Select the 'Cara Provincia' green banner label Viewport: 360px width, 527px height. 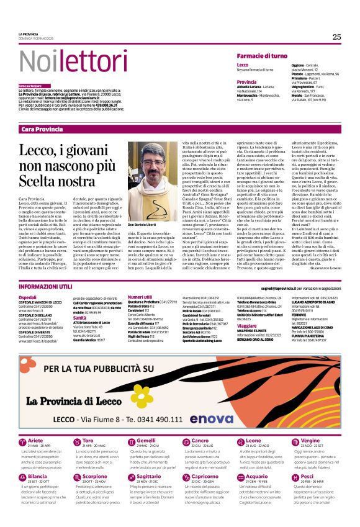click(42, 129)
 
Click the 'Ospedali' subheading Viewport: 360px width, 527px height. click(27, 297)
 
